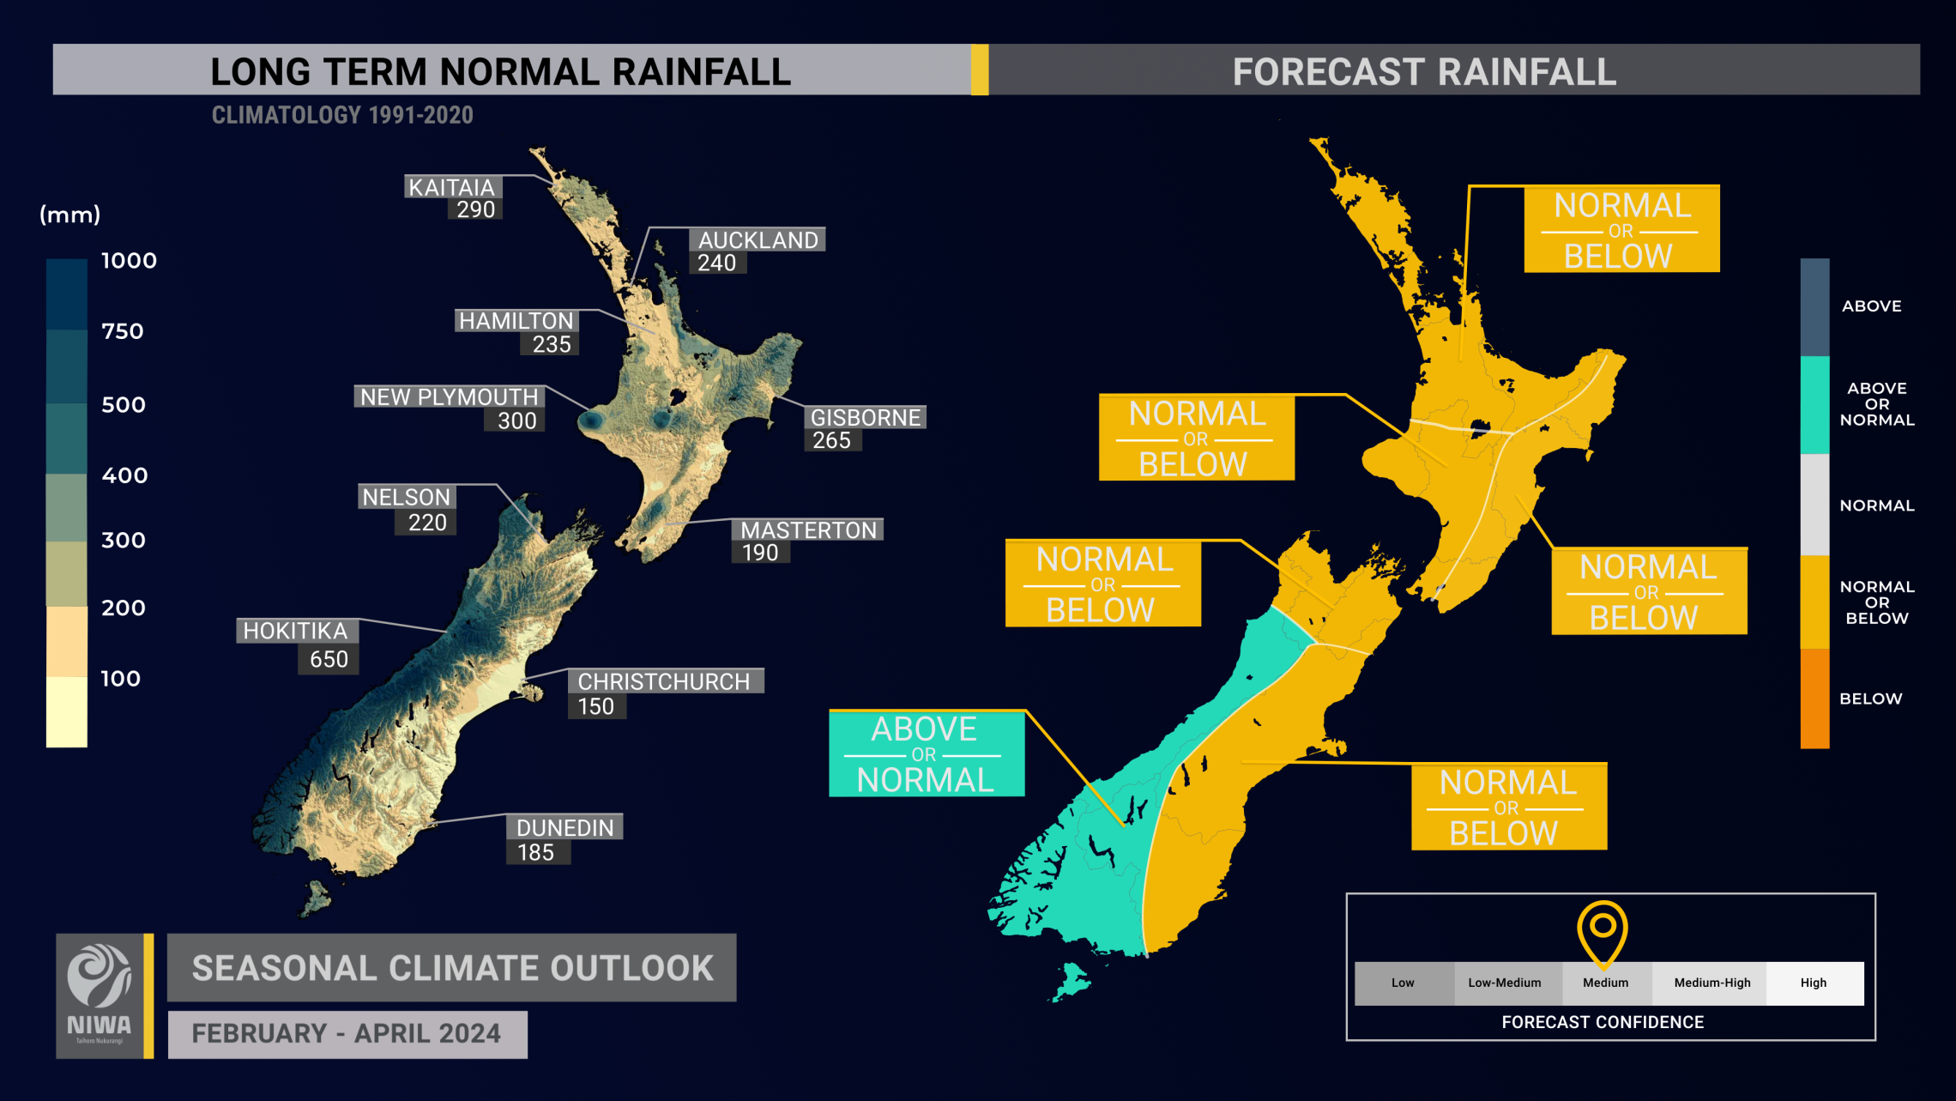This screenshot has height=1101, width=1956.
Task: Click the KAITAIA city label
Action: pos(451,187)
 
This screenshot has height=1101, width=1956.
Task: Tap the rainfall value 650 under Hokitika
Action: pos(329,659)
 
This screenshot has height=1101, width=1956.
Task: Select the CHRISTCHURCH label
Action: pos(663,681)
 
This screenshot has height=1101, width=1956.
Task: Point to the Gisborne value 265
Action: pos(831,440)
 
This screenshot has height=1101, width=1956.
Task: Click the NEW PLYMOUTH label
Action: pos(449,396)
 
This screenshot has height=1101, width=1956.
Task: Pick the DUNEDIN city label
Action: pos(564,827)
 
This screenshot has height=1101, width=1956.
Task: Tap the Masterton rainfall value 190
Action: pos(760,553)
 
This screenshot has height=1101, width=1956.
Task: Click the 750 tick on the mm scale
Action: pos(123,331)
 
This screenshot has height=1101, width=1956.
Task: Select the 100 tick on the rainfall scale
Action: pos(120,679)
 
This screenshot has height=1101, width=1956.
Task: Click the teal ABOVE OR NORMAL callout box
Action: pos(926,754)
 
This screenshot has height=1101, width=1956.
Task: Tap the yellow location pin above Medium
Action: pos(1602,929)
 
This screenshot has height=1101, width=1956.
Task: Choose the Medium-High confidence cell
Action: pos(1711,983)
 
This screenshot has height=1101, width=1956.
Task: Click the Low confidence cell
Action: pos(1403,983)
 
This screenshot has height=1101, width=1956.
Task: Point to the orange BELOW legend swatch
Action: pos(1814,699)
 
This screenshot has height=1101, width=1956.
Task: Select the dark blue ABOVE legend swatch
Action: pos(1814,306)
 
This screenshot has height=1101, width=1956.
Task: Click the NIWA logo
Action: pos(100,995)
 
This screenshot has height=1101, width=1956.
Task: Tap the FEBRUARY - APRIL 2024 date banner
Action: pos(347,1033)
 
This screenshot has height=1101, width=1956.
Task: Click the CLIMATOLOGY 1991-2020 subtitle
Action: pos(342,115)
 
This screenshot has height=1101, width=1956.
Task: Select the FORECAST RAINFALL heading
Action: pos(1424,71)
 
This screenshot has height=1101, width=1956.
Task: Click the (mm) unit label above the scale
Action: pos(70,215)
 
